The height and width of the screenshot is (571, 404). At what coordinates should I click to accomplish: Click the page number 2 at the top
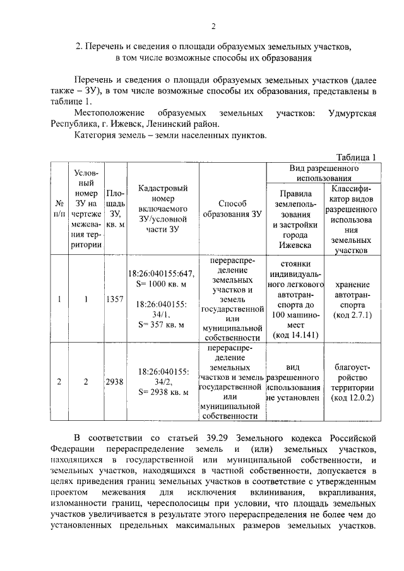coord(213,26)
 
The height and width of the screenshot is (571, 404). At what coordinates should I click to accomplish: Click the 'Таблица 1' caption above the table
coord(356,158)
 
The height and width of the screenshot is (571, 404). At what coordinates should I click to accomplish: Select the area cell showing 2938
coord(115,382)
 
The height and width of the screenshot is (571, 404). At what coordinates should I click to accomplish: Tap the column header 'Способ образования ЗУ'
coord(232,209)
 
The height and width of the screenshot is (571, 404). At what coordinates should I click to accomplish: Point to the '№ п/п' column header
coord(59,209)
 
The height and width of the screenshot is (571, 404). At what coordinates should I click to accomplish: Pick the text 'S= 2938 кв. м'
coord(162,392)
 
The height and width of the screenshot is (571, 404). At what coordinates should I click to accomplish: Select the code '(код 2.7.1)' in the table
coord(353,314)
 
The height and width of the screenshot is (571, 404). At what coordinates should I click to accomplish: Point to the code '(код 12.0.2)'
coord(353,397)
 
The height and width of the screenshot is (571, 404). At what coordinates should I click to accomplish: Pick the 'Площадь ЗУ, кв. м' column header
coord(115,209)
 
